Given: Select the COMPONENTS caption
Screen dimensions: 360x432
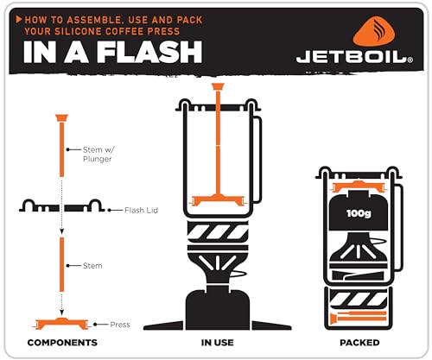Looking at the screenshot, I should pyautogui.click(x=62, y=343).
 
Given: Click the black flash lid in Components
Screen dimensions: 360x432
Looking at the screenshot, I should pyautogui.click(x=61, y=207).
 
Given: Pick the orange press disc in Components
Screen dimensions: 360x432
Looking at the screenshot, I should pyautogui.click(x=62, y=324).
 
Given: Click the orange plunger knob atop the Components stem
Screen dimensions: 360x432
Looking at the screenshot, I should pyautogui.click(x=62, y=117).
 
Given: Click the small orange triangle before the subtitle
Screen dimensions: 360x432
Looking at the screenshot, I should pyautogui.click(x=19, y=17).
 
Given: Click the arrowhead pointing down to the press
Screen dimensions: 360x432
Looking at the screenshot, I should pyautogui.click(x=62, y=313).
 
